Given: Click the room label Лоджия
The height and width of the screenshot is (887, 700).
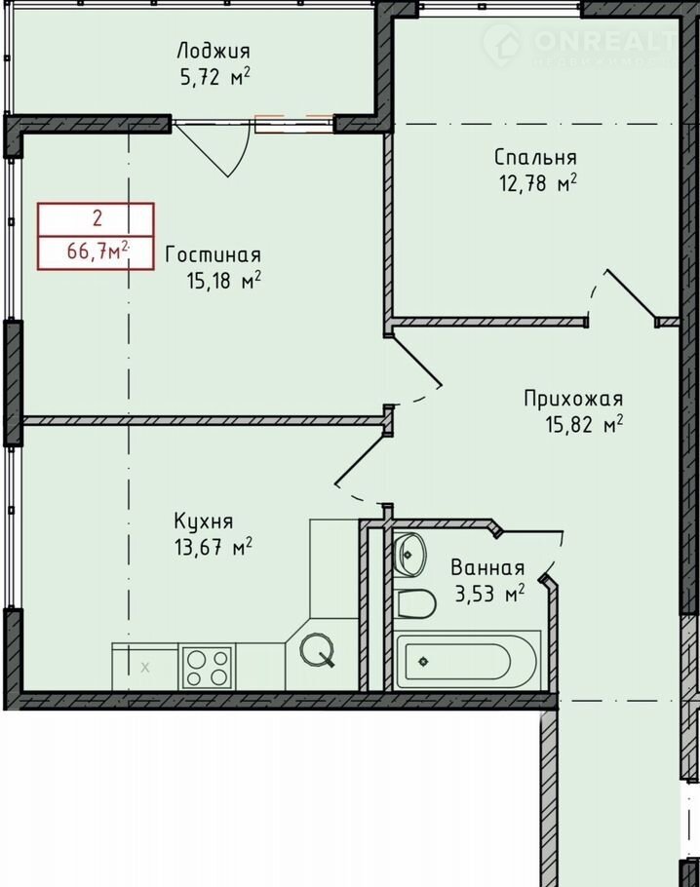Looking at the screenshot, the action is (x=214, y=51).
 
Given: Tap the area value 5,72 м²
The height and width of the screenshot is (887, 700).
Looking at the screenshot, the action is (x=215, y=76).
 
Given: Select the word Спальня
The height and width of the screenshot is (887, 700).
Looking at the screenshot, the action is (x=535, y=157).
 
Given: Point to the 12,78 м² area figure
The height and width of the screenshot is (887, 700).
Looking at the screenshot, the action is (x=537, y=182).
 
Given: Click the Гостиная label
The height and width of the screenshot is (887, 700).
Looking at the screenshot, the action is (x=214, y=255).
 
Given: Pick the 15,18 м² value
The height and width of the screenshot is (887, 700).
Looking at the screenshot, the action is (x=224, y=280).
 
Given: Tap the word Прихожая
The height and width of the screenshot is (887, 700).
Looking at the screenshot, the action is (x=573, y=399).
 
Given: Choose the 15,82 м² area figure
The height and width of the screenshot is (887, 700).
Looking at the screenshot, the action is (x=585, y=424).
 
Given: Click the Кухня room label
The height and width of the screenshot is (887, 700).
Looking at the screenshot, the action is (x=204, y=521).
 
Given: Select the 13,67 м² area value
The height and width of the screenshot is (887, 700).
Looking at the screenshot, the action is (x=214, y=547).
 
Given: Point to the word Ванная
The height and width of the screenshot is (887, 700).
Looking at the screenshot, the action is (x=487, y=567).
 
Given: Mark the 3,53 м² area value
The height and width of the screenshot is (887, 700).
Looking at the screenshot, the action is (x=490, y=594).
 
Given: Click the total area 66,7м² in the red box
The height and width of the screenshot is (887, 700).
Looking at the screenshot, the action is (x=99, y=251).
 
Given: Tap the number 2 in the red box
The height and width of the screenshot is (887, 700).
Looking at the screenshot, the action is (x=97, y=217).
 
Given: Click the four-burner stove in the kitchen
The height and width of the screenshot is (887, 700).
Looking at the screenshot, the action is (x=208, y=668).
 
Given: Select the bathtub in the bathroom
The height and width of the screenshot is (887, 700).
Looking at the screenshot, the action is (x=467, y=661).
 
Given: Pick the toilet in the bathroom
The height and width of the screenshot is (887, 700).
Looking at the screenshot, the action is (x=415, y=604).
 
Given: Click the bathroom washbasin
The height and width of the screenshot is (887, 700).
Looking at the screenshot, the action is (x=408, y=555).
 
